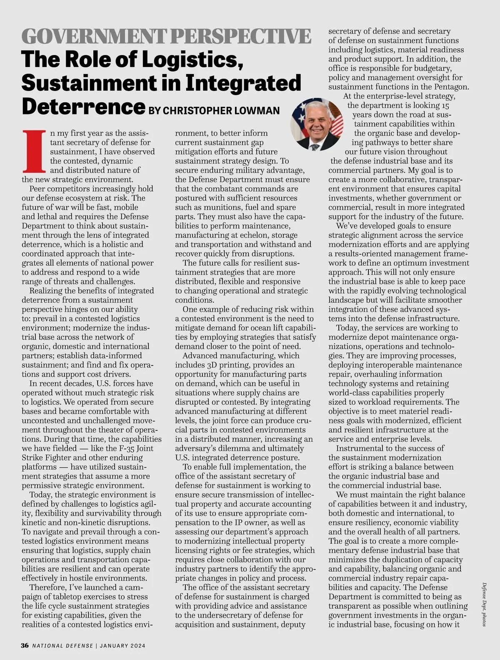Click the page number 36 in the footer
[25, 645]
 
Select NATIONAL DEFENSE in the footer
[63, 646]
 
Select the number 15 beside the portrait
[445, 106]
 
